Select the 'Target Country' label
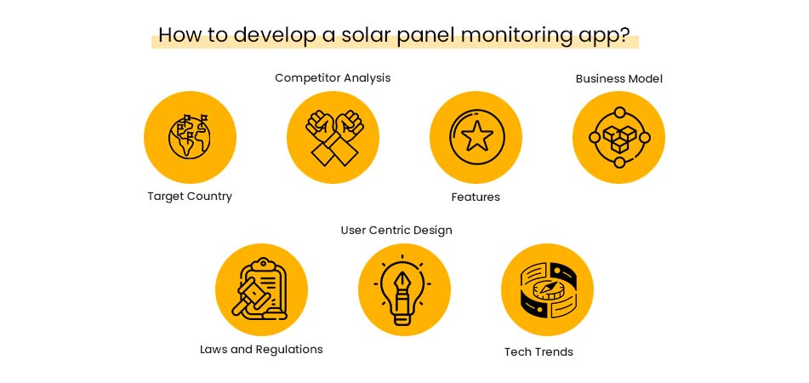pos(190,197)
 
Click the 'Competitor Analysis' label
pos(333,78)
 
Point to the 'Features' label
pos(476,197)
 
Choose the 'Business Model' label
pos(618,79)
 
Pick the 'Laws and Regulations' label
pos(261,350)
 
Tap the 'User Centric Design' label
pos(396,231)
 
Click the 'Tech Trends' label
pos(538,352)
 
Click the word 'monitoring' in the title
pos(517,36)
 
